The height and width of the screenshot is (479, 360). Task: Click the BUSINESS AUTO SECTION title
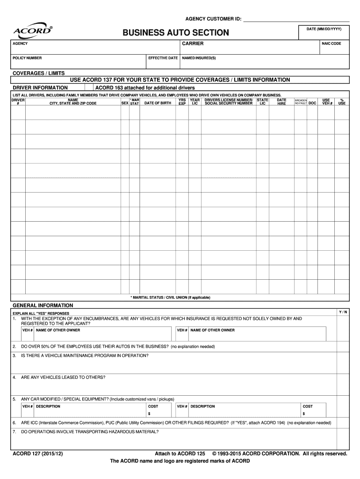point(176,33)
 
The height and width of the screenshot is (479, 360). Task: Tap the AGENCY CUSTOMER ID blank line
point(296,19)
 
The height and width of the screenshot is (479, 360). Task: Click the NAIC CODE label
point(331,44)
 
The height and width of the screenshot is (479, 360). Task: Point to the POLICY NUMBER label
point(27,58)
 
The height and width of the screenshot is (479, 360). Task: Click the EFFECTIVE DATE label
point(163,58)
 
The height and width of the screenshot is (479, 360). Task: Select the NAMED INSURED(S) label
point(199,58)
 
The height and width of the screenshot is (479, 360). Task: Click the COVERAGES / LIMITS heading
point(38,73)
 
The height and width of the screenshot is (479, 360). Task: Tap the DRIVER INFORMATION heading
point(40,87)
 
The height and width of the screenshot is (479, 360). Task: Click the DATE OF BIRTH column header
point(158,103)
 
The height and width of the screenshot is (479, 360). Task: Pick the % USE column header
point(342,102)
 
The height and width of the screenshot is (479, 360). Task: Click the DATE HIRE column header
point(281,102)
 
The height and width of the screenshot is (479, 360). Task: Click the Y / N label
point(343,312)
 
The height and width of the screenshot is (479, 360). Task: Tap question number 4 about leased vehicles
point(63,377)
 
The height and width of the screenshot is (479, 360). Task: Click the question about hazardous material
point(90,432)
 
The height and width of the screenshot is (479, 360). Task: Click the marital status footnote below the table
point(170,298)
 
